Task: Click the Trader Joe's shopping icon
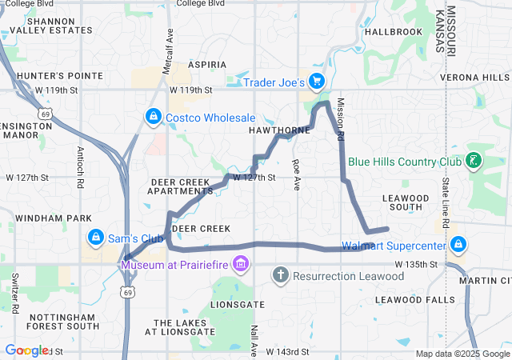(317, 81)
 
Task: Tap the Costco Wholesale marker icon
(152, 118)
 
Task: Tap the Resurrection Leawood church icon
(280, 276)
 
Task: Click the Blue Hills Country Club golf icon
(474, 161)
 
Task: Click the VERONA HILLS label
(474, 77)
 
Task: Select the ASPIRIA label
(207, 64)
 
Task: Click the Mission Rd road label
(340, 119)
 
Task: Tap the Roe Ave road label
(296, 174)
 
